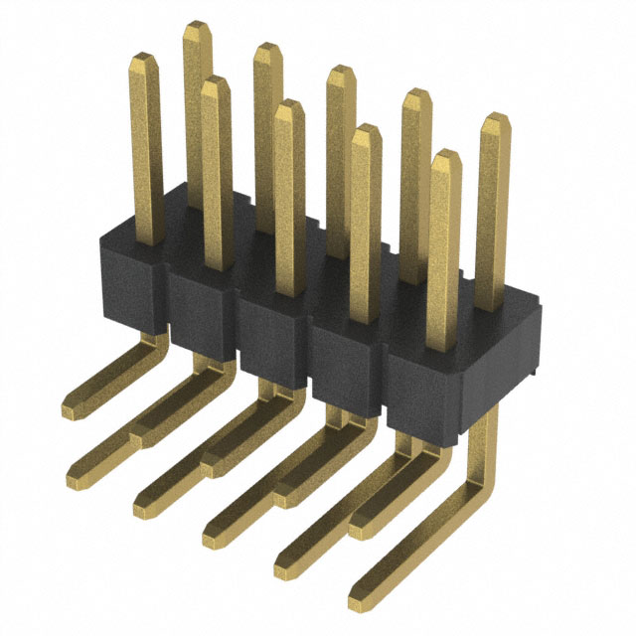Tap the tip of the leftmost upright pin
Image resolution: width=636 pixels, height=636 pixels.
[145, 62]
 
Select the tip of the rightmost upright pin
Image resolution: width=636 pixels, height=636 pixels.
[495, 120]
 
